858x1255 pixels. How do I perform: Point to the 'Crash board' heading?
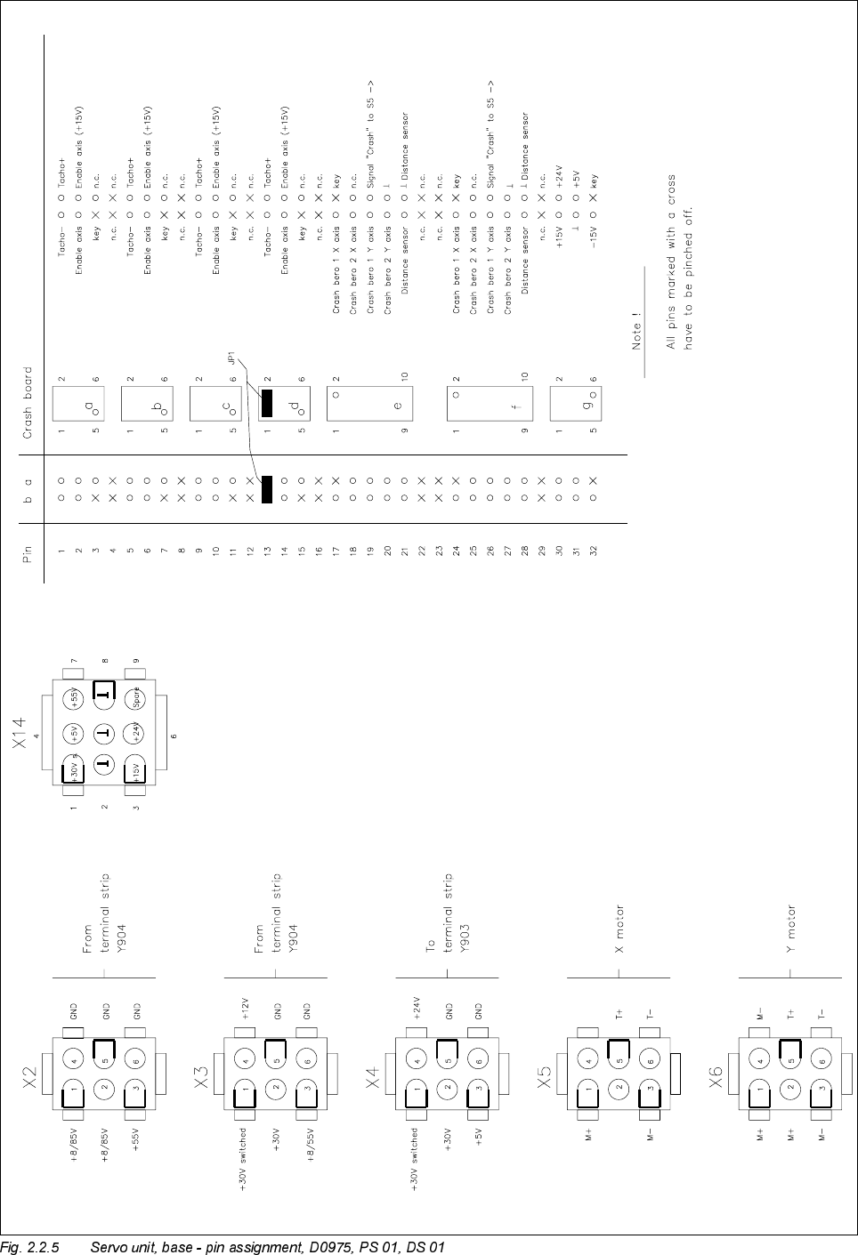[28, 402]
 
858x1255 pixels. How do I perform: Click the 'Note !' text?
[637, 334]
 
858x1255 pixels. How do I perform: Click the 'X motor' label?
[619, 929]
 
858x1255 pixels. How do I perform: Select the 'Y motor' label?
[791, 929]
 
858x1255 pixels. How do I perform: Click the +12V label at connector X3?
[245, 1008]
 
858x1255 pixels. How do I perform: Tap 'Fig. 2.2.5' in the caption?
[30, 1246]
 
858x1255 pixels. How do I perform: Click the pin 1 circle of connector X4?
[417, 1087]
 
